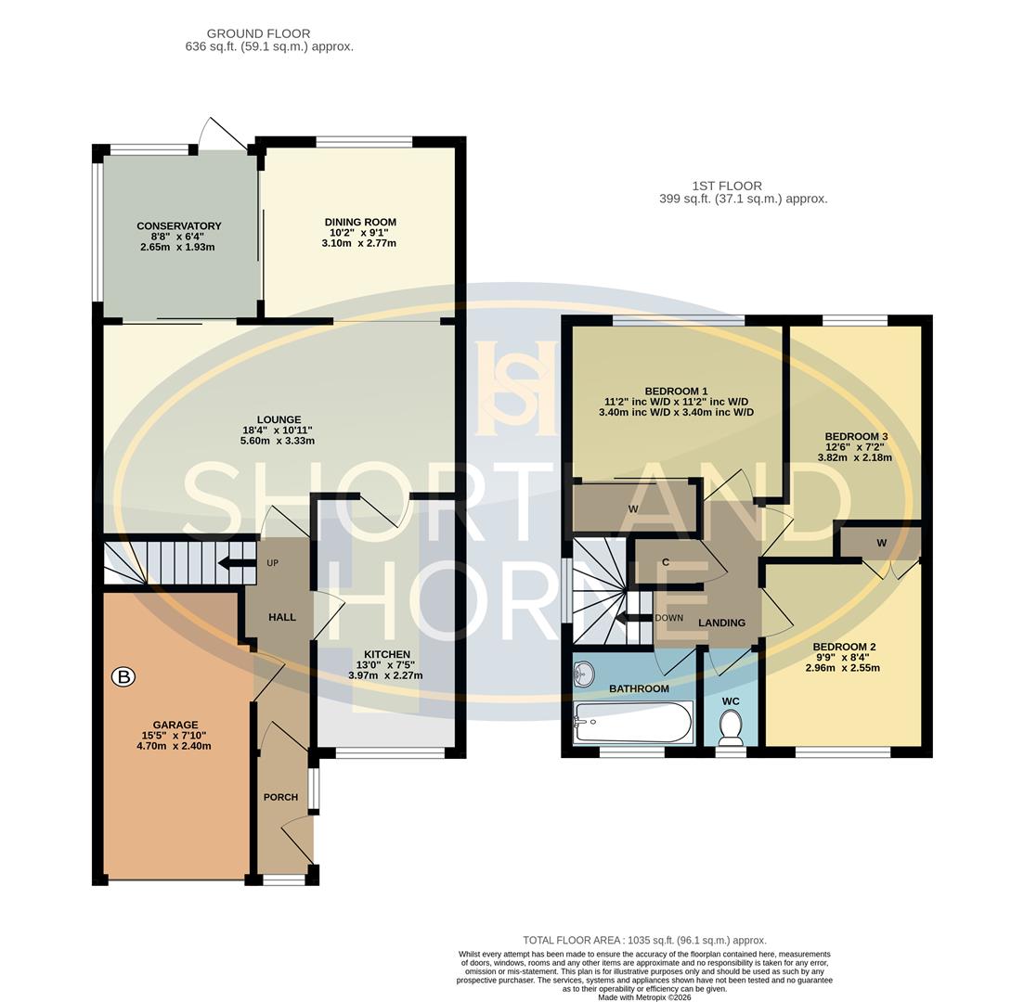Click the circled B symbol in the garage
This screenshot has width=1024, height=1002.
(x=123, y=677)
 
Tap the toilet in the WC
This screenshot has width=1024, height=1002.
(x=731, y=726)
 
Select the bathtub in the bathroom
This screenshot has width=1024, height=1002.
(x=633, y=721)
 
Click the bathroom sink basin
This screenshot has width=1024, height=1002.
(x=583, y=674)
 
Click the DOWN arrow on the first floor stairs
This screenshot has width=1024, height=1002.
(x=635, y=619)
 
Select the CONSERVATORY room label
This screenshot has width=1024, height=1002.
(x=178, y=226)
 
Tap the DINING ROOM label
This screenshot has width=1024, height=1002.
(x=360, y=223)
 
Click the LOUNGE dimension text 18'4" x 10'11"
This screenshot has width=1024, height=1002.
(x=277, y=430)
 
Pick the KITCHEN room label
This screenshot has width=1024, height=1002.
(x=386, y=655)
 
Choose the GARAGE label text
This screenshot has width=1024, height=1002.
(x=175, y=726)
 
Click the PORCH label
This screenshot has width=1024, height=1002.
(x=280, y=797)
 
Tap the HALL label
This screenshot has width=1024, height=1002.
(x=282, y=617)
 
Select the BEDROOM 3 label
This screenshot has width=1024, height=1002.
(x=856, y=437)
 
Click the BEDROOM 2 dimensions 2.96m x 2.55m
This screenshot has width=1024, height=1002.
(x=842, y=668)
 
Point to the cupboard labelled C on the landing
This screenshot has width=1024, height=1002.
(x=666, y=563)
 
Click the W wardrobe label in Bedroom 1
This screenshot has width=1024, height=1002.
(x=633, y=509)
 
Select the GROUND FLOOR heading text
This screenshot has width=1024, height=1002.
(x=258, y=33)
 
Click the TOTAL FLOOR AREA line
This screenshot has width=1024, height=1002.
(x=644, y=940)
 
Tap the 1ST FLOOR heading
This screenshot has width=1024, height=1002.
(x=727, y=186)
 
